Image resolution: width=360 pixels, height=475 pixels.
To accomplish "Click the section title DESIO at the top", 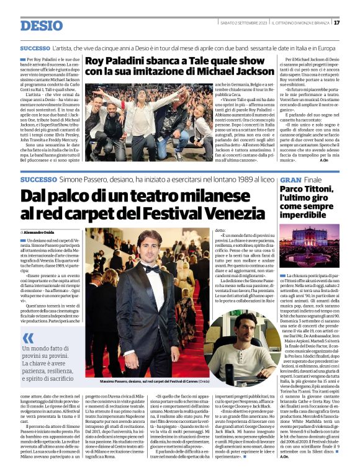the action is (x=42, y=25).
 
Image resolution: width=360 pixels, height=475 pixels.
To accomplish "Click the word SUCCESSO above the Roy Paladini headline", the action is (x=35, y=48).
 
